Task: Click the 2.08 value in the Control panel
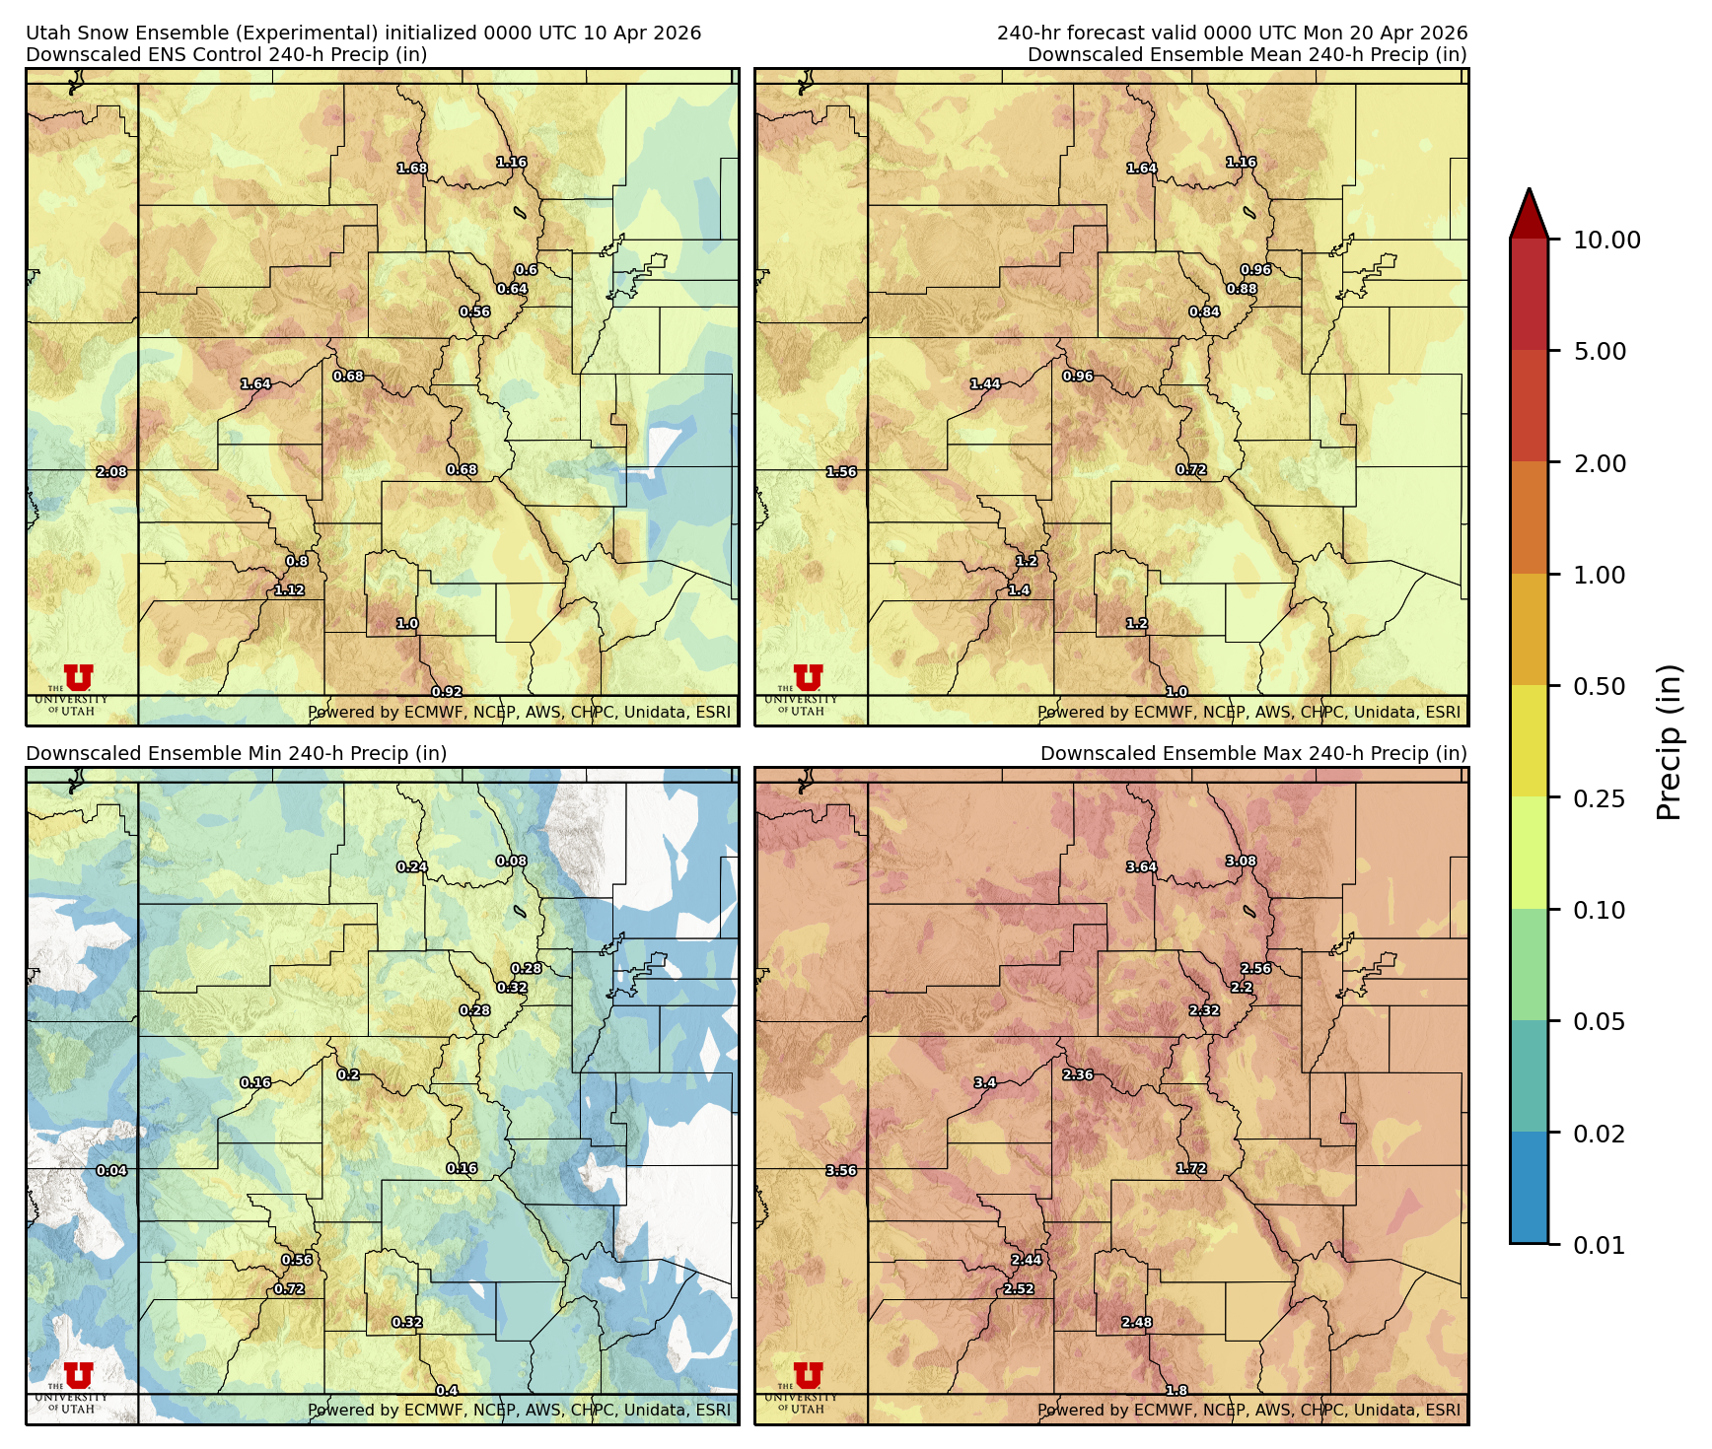pyautogui.click(x=111, y=472)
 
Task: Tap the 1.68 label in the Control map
pyautogui.click(x=412, y=169)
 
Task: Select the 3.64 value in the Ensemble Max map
pyautogui.click(x=1142, y=867)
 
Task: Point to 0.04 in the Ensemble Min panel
pyautogui.click(x=111, y=1171)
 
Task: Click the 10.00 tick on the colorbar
pyautogui.click(x=1606, y=240)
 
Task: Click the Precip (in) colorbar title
pyautogui.click(x=1669, y=742)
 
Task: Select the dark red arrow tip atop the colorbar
pyautogui.click(x=1529, y=211)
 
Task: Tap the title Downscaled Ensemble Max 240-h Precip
pyautogui.click(x=1252, y=753)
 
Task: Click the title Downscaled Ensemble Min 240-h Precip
pyautogui.click(x=237, y=753)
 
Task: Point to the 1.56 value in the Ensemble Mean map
pyautogui.click(x=841, y=472)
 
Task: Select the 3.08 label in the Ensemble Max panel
pyautogui.click(x=1241, y=862)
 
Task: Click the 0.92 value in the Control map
pyautogui.click(x=447, y=692)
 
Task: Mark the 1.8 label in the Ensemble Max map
pyautogui.click(x=1177, y=1391)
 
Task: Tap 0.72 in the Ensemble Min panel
pyautogui.click(x=289, y=1289)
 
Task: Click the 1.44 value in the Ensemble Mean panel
pyautogui.click(x=985, y=384)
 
